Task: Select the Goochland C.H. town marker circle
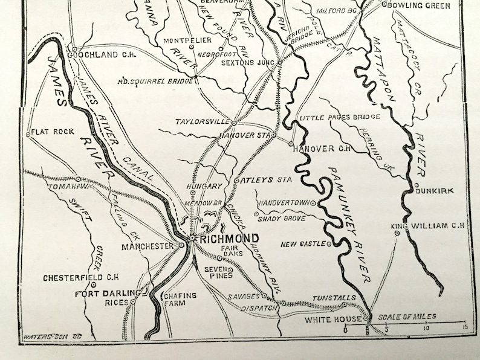click(74, 50)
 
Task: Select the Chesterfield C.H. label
click(80, 278)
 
